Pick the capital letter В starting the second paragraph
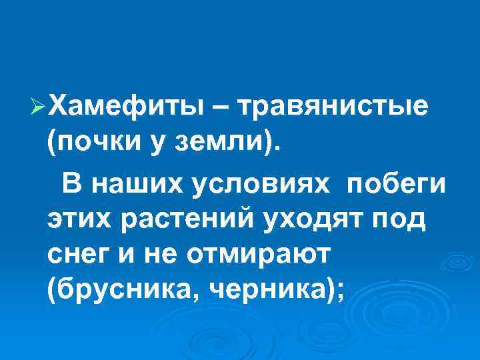(x=71, y=182)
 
